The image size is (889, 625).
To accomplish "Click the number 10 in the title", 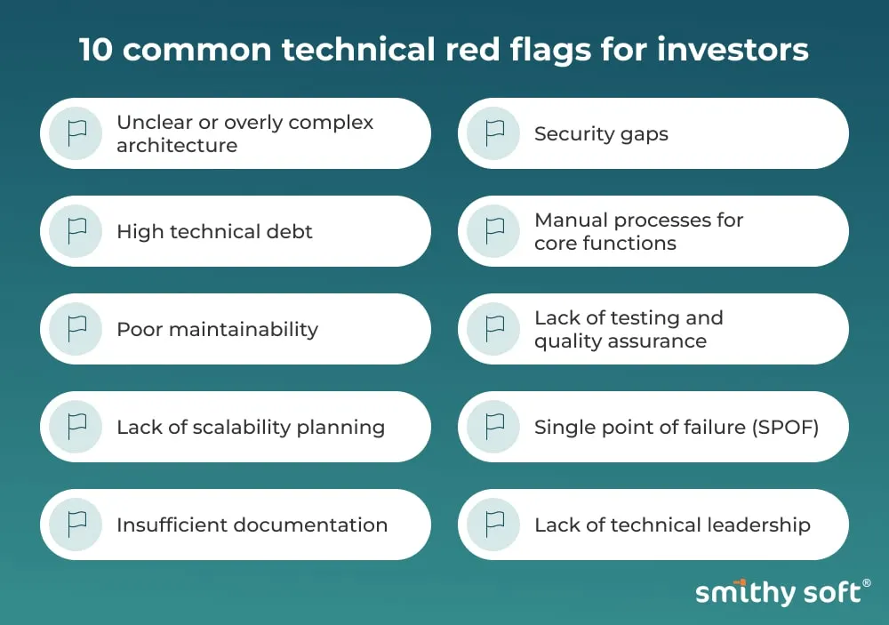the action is [x=96, y=50].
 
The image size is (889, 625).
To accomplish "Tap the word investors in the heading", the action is [x=733, y=50].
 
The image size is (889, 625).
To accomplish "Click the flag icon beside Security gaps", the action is [x=493, y=133].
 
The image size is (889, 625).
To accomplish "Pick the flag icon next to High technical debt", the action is [x=76, y=231].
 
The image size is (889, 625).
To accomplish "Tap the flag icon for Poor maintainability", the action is [x=76, y=329].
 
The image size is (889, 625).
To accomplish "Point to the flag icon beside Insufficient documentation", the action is [x=76, y=524].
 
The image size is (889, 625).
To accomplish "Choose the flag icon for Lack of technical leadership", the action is [x=493, y=524].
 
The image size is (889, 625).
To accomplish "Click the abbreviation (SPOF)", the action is [x=785, y=427].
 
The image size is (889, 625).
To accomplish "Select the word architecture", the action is [x=177, y=146].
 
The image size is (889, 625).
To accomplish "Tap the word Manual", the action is [x=571, y=220].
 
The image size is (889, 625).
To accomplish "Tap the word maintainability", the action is [x=244, y=330].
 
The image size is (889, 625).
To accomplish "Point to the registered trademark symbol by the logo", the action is [x=866, y=583].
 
